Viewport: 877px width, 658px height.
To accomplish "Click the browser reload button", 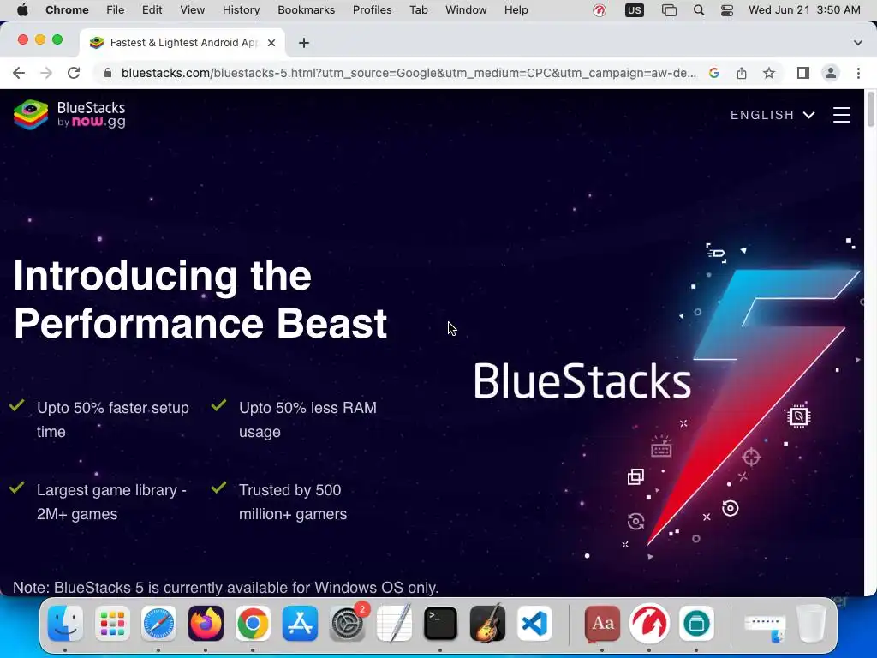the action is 74,73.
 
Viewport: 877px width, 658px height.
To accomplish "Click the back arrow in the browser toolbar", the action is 19,73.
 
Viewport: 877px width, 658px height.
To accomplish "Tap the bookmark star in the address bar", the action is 769,73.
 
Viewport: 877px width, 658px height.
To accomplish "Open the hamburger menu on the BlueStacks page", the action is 842,115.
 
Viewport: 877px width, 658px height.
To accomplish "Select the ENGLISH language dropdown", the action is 773,115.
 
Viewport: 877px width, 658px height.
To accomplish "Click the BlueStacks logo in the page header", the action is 69,115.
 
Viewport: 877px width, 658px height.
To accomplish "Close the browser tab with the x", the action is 271,43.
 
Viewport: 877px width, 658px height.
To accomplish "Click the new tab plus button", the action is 304,43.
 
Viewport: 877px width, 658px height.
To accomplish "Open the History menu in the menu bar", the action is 241,10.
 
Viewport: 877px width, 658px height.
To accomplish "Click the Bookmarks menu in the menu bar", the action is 306,10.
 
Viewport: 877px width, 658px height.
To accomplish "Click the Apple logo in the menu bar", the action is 22,9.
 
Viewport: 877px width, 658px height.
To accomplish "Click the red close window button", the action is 23,39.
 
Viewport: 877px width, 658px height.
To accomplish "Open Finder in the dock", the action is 65,624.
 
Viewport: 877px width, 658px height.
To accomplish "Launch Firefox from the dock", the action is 206,624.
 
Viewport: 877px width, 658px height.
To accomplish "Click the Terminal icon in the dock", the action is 440,624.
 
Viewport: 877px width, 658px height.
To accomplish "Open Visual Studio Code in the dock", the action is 534,624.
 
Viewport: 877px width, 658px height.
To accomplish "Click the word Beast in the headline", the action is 331,323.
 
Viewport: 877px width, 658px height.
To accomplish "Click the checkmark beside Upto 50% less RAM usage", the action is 218,404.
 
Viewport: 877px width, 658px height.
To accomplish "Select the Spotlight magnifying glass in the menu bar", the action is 699,10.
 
